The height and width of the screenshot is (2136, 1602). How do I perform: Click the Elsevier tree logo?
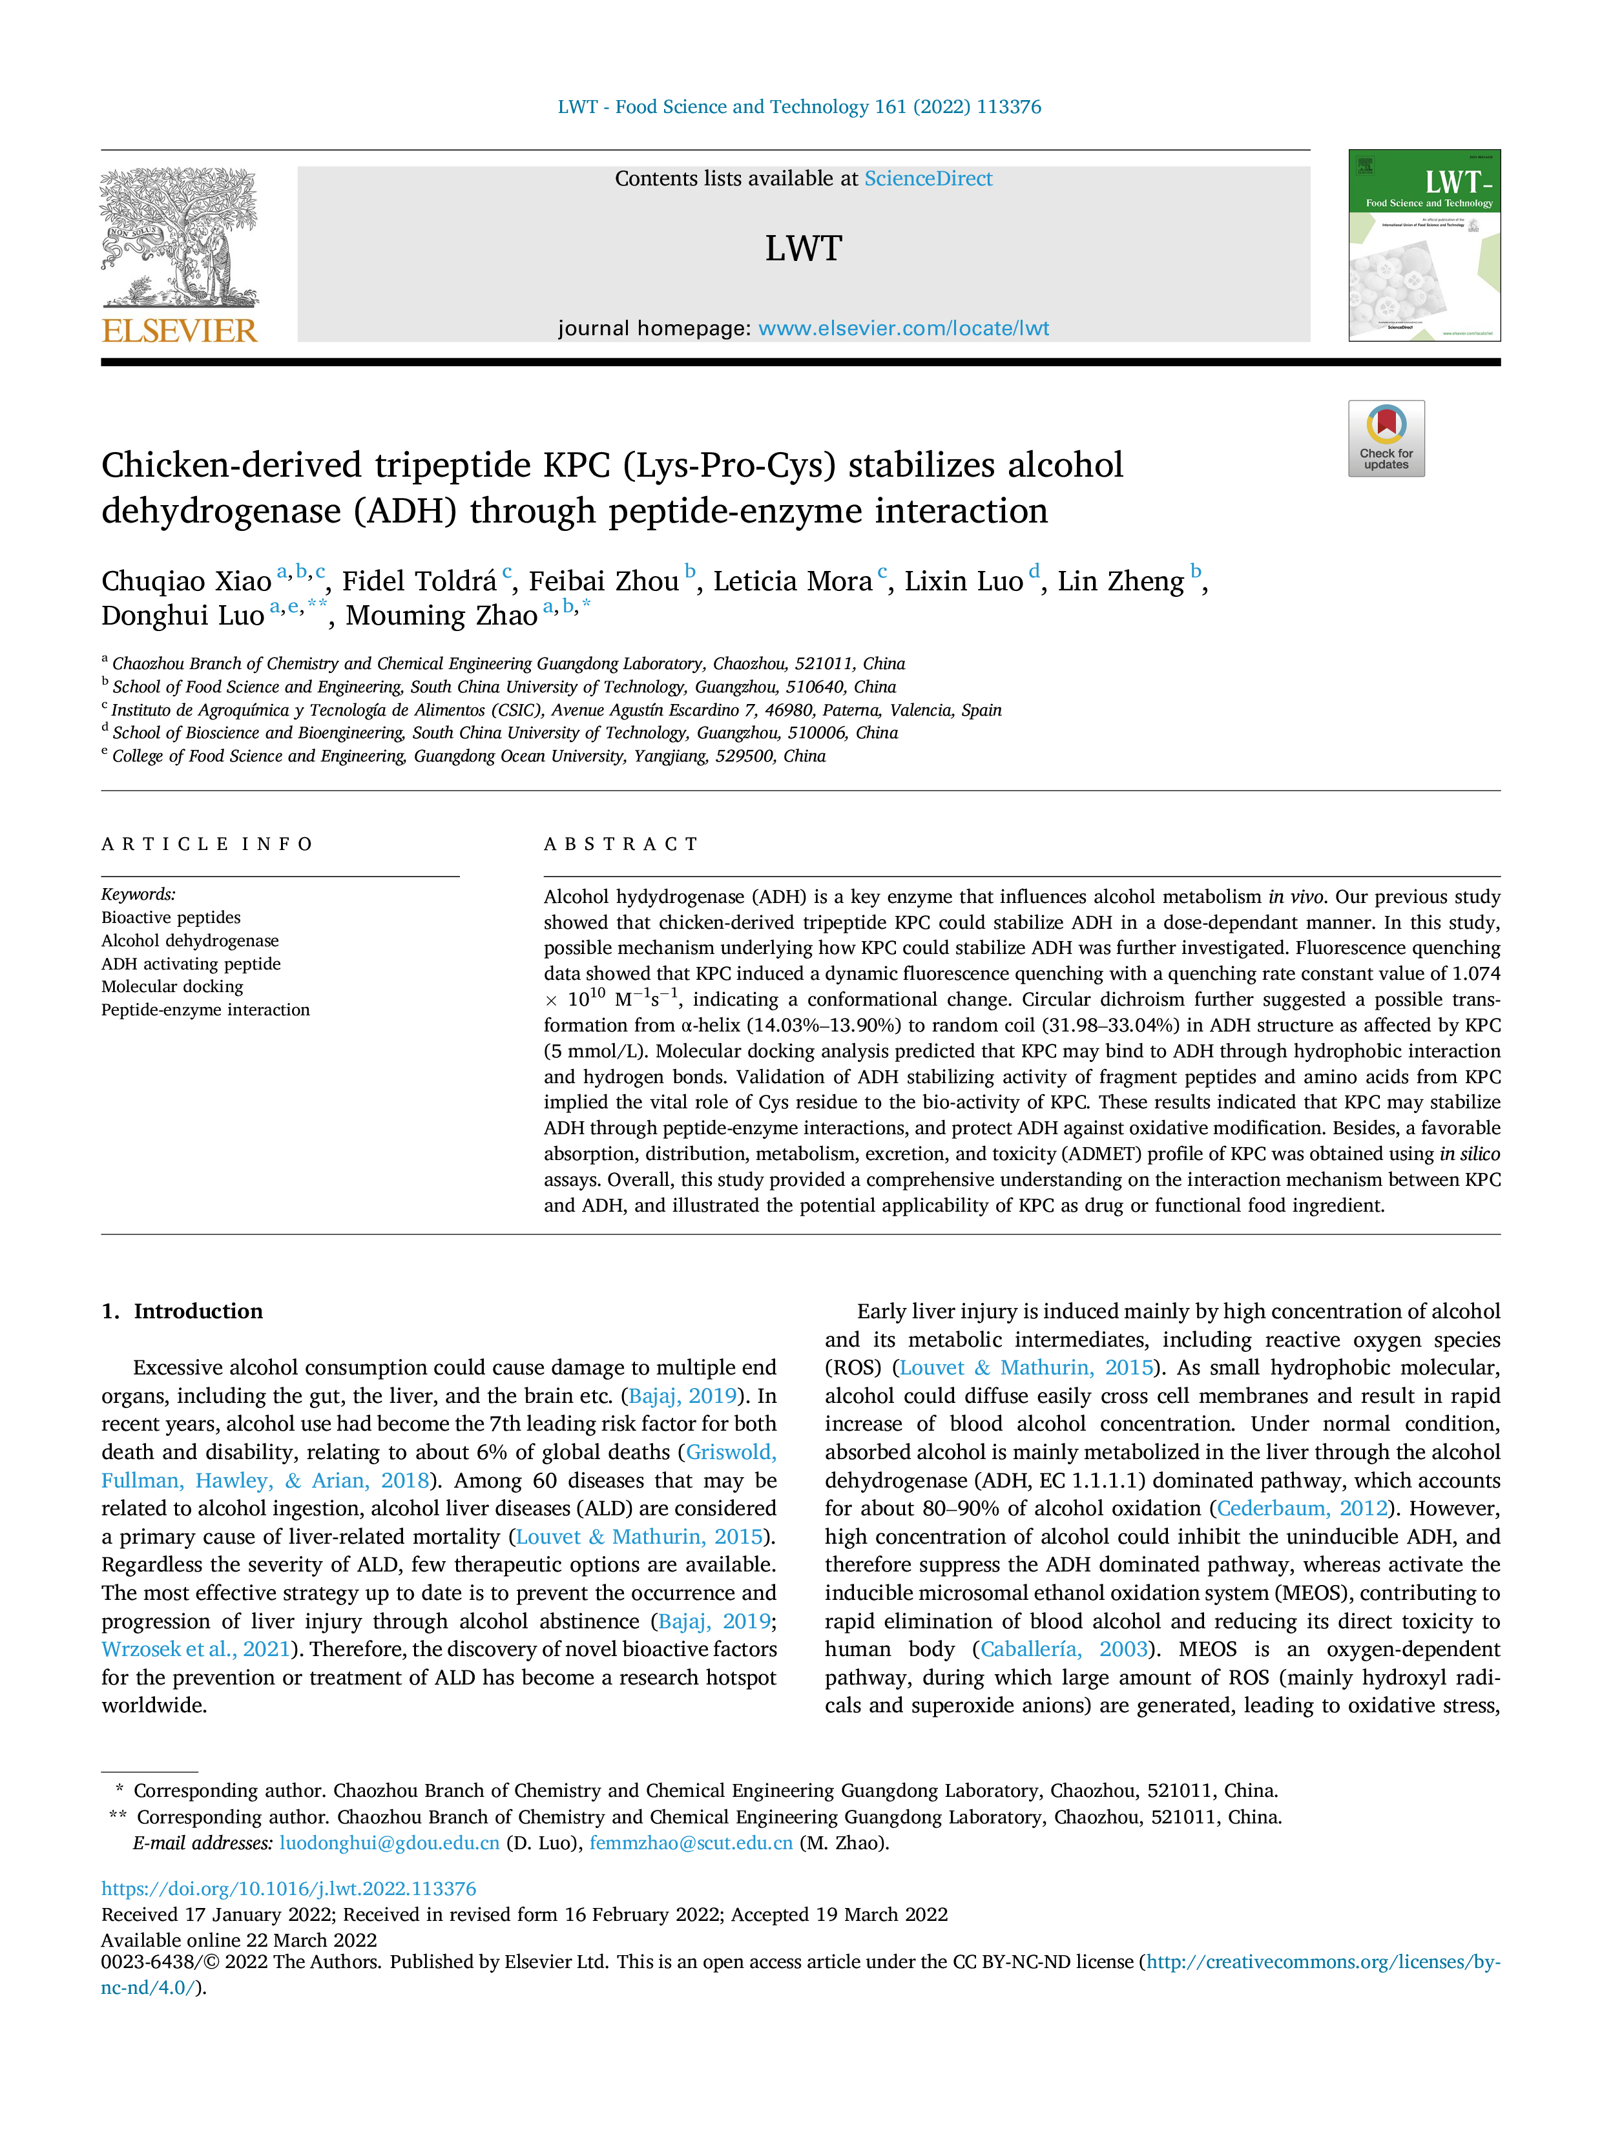point(180,236)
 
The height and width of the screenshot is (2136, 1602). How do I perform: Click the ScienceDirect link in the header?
point(928,179)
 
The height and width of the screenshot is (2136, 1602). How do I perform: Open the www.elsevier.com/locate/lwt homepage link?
point(903,328)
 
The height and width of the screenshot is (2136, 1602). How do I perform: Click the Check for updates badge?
point(1386,439)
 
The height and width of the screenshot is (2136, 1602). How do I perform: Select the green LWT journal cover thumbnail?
point(1424,245)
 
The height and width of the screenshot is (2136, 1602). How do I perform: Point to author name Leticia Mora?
point(793,581)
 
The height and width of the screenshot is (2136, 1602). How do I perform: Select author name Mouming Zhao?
point(441,616)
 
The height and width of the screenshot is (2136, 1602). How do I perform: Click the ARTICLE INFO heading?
point(207,844)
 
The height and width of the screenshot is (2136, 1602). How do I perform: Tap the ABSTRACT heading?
point(620,844)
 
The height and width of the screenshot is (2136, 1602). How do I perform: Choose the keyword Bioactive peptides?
point(171,917)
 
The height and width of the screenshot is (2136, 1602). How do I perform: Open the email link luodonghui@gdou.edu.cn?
point(389,1843)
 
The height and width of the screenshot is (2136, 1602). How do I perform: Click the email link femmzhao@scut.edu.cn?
point(691,1843)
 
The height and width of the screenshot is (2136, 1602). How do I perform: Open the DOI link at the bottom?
point(289,1889)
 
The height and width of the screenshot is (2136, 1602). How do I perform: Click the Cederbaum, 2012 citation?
point(1302,1508)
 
